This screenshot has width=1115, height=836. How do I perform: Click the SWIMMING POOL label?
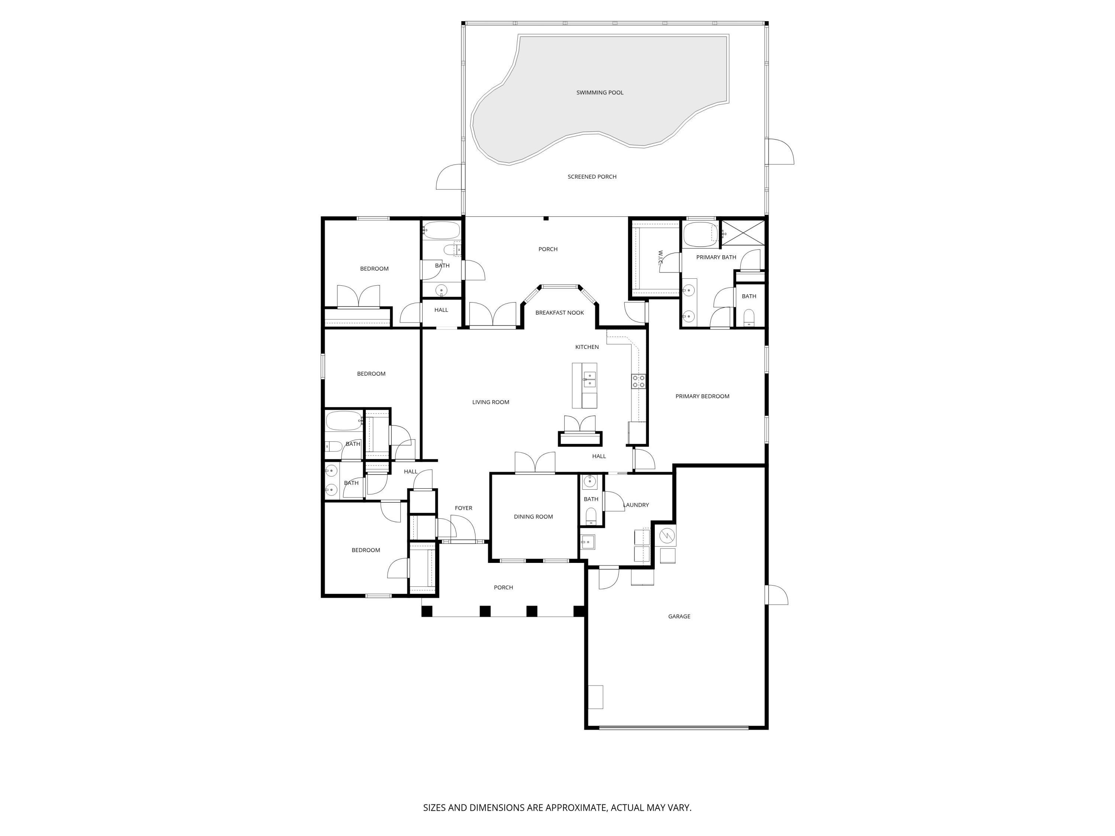(599, 93)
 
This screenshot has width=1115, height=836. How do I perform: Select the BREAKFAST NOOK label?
(559, 313)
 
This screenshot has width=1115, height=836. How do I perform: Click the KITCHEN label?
(587, 347)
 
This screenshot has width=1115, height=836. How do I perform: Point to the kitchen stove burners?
(639, 381)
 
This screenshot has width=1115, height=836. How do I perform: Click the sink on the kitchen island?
(589, 379)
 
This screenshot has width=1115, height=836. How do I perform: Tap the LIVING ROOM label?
(491, 402)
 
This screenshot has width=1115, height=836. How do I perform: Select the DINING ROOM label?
(533, 516)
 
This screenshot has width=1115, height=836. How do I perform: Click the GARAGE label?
(679, 616)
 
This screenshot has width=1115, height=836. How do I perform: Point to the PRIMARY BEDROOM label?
(702, 396)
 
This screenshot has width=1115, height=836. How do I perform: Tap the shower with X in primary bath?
(743, 233)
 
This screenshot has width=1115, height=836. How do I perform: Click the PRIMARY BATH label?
(716, 257)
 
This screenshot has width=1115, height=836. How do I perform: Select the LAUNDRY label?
(636, 505)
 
